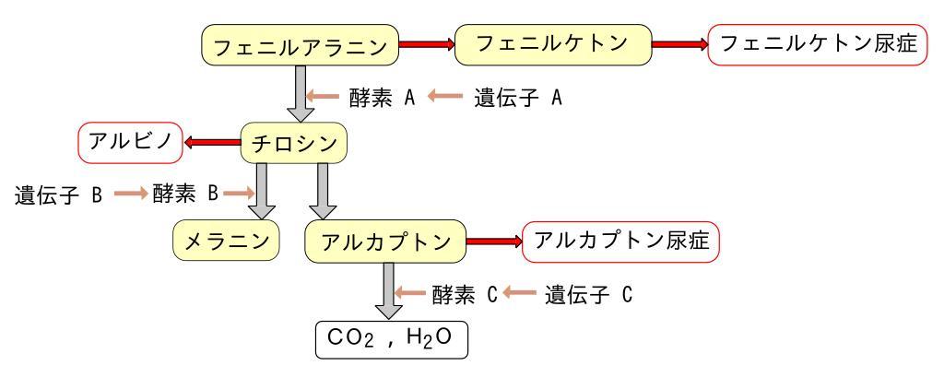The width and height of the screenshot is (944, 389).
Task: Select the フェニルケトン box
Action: pyautogui.click(x=551, y=43)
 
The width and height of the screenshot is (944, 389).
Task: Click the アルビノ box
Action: pyautogui.click(x=128, y=143)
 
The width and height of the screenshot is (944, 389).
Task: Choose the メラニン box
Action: pyautogui.click(x=226, y=242)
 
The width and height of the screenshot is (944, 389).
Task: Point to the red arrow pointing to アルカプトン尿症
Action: pyautogui.click(x=493, y=242)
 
